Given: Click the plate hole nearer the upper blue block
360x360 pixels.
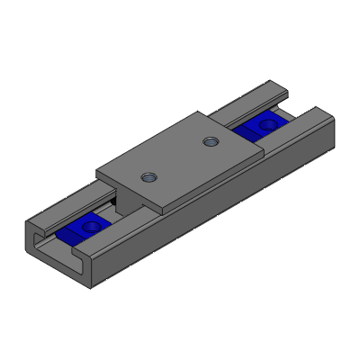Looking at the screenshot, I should (x=211, y=140).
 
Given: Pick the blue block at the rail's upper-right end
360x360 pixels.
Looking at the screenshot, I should (x=262, y=124).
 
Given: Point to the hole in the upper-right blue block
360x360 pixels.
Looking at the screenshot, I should (x=266, y=121).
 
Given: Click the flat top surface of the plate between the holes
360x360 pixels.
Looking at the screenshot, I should (x=180, y=157).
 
